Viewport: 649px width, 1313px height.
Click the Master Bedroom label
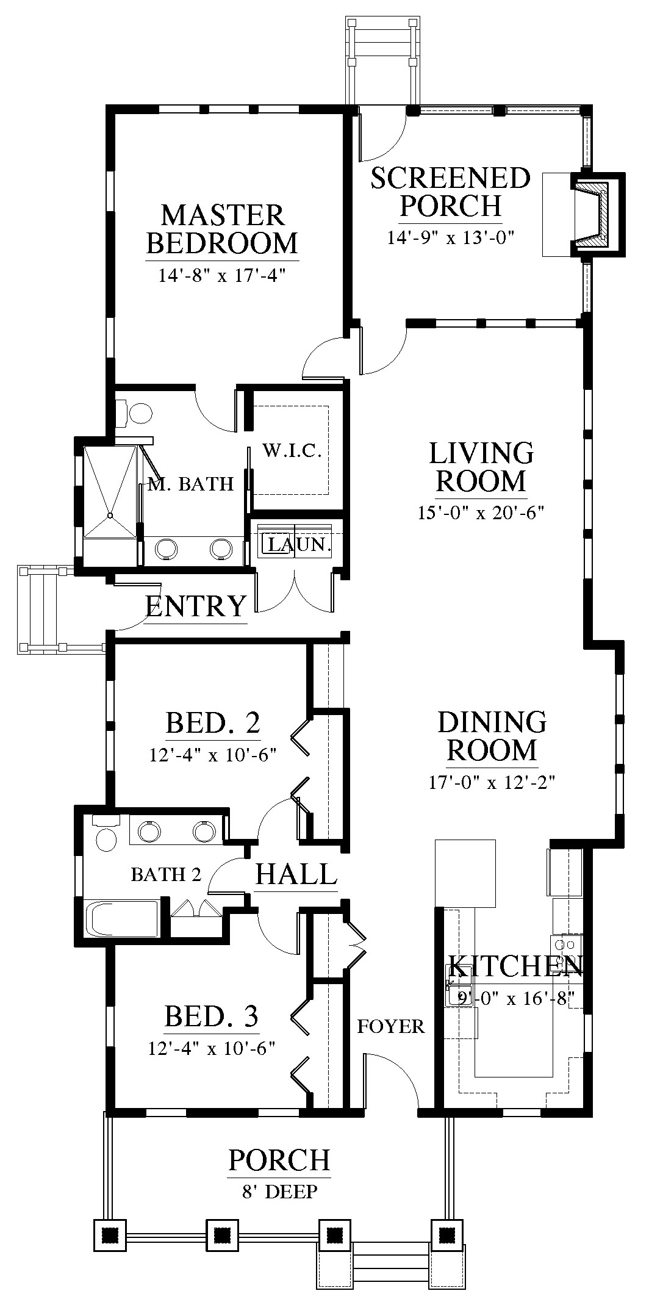tap(223, 229)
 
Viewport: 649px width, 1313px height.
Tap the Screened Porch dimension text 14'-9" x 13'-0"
tap(451, 237)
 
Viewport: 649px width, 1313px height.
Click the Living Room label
tap(481, 467)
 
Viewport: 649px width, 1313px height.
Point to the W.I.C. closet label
tap(292, 451)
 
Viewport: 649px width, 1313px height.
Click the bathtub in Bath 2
tap(123, 918)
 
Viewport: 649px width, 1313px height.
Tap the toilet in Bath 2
tap(105, 834)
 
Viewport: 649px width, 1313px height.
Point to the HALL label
tap(296, 874)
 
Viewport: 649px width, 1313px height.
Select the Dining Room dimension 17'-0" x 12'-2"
tap(491, 782)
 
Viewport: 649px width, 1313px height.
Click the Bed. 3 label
tap(211, 1016)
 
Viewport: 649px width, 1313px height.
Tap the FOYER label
tap(390, 1026)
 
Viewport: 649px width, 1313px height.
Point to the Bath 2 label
tap(166, 874)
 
